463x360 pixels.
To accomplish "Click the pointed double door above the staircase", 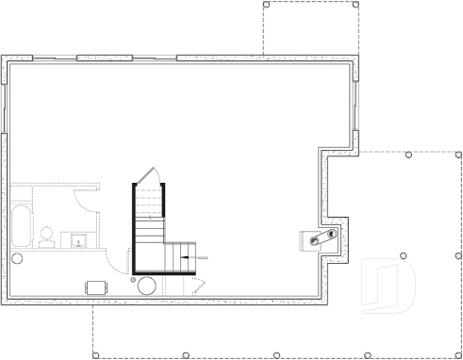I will (x=148, y=178).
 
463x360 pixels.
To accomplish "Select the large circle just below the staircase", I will (x=149, y=286).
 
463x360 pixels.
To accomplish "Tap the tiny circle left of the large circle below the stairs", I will (x=132, y=280).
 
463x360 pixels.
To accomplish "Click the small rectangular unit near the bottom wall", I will (x=96, y=286).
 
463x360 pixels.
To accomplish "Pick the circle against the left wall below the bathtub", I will (x=16, y=257).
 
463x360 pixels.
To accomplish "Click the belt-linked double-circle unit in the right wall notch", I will (x=319, y=237).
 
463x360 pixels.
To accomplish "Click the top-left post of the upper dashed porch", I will (x=265, y=5).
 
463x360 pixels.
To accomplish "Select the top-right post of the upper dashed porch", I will (x=356, y=5).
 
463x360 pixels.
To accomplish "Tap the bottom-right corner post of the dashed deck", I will (x=458, y=355).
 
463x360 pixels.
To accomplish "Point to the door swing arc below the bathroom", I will (x=118, y=260).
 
